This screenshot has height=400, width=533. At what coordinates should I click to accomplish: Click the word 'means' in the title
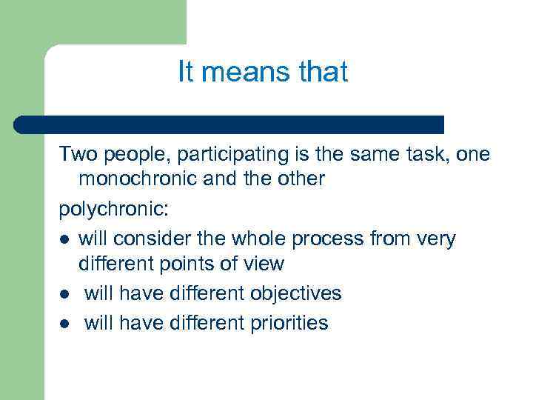238,72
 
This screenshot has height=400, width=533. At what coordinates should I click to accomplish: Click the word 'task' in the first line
428,154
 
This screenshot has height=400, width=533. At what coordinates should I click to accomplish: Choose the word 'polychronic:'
114,209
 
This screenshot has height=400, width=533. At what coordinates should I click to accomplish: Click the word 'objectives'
295,293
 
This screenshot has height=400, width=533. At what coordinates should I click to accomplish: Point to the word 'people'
130,154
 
